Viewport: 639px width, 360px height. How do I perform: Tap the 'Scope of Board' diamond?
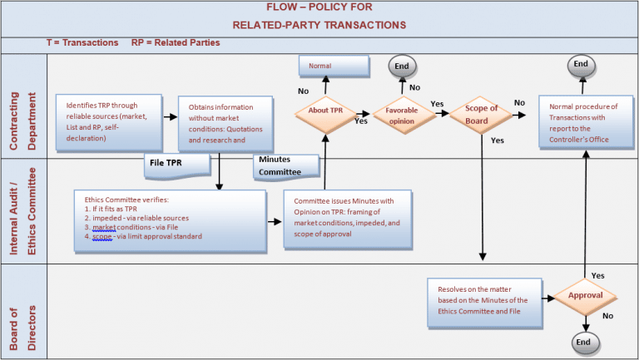[482, 114]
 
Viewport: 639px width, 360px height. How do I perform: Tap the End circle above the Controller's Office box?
[581, 65]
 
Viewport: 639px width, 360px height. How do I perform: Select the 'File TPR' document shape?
[175, 164]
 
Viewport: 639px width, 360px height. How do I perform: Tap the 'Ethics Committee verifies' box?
[169, 219]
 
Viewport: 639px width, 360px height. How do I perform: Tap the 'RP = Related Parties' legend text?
[176, 42]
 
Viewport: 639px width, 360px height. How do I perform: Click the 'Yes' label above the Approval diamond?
[596, 274]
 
